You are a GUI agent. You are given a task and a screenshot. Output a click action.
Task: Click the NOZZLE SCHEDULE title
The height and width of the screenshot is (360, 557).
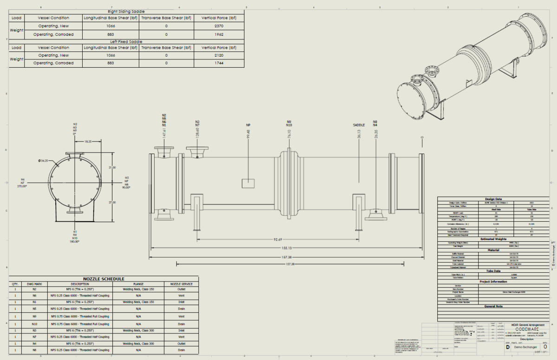[104, 279]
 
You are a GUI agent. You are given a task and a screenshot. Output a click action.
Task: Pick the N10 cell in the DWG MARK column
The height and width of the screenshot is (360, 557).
[34, 324]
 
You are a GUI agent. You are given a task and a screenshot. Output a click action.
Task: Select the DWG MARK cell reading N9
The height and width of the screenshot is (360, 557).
[34, 316]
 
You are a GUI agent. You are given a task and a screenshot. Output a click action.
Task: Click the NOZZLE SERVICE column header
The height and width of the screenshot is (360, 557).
[181, 284]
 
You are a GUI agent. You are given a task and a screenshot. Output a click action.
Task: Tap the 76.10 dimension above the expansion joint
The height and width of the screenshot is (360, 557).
[289, 134]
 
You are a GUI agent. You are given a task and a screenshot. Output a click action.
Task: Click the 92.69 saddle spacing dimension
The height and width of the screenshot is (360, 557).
[278, 239]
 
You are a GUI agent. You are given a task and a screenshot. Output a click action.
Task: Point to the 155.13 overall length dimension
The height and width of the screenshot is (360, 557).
[286, 248]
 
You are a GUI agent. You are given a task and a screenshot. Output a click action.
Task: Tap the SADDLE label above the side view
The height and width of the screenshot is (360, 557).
[359, 125]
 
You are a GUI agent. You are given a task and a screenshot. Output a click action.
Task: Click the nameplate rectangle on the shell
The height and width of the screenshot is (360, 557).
[248, 183]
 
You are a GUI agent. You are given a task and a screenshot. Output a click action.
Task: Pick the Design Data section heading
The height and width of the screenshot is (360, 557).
[493, 199]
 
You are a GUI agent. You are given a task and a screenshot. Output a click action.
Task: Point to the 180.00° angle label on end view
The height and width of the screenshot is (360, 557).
[75, 242]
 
